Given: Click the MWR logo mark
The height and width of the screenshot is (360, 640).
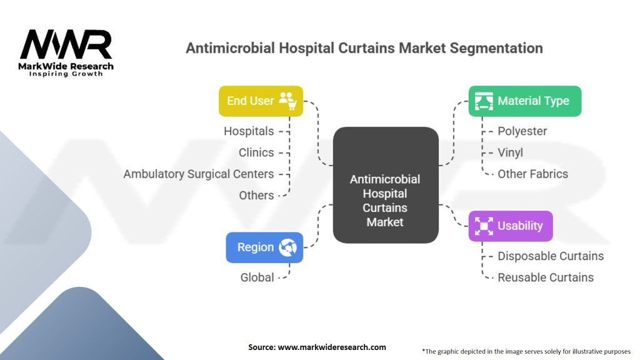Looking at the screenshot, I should [66, 44].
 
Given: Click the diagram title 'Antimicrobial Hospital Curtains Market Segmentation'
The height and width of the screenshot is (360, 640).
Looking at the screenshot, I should [364, 48].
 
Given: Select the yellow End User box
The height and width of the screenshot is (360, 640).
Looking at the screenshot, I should [261, 101].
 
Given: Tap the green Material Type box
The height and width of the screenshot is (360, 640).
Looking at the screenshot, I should [524, 101].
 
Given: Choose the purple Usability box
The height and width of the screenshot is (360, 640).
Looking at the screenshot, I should [510, 226].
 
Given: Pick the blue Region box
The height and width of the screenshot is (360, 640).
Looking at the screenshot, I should [264, 247].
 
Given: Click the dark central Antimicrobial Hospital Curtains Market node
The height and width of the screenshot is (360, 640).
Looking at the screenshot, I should [385, 186].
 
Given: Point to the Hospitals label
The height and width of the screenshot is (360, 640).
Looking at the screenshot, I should [249, 131].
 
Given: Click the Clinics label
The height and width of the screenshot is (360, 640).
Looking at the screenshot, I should [256, 152].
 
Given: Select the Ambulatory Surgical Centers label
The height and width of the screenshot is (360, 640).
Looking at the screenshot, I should [199, 174].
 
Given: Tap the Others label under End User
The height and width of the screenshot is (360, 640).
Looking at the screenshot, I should [256, 195].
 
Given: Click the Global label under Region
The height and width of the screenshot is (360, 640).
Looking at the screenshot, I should [257, 277].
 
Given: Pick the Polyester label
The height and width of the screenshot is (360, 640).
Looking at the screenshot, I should [522, 131].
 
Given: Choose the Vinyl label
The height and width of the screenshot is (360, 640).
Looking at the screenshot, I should [510, 152].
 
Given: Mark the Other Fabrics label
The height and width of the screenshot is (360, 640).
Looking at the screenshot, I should [532, 174].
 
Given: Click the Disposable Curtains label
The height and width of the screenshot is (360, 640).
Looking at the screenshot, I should [550, 256].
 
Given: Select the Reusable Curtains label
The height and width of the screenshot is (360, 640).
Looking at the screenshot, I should [545, 277].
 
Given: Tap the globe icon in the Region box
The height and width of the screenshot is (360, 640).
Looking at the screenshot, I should [288, 247].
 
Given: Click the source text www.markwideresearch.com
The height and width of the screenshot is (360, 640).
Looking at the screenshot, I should [332, 347].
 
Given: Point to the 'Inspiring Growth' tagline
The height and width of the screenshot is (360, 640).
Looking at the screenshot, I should [66, 74].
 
